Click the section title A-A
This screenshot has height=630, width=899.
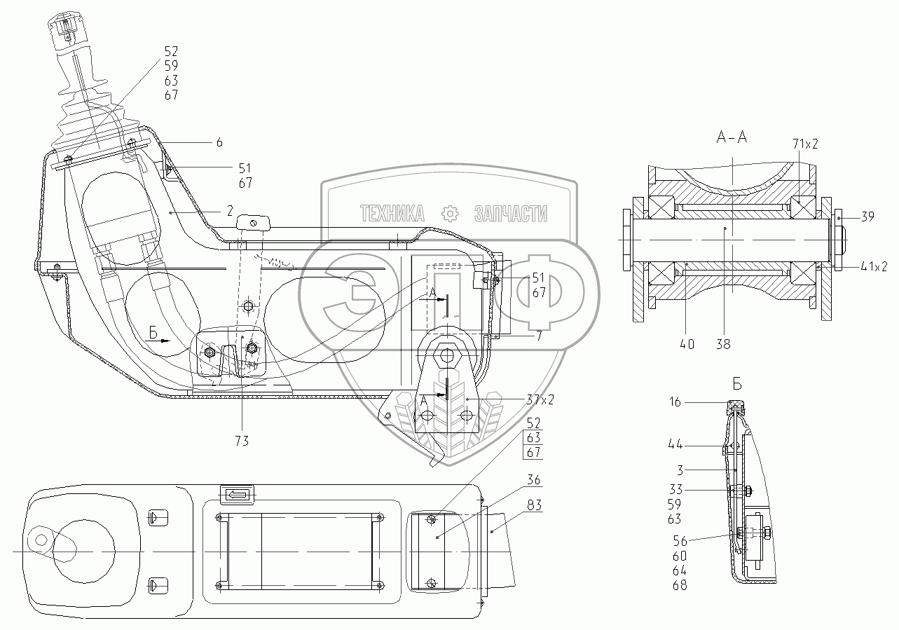click(732, 137)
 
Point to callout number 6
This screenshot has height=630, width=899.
click(219, 142)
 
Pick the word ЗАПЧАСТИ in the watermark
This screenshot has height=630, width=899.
click(511, 214)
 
